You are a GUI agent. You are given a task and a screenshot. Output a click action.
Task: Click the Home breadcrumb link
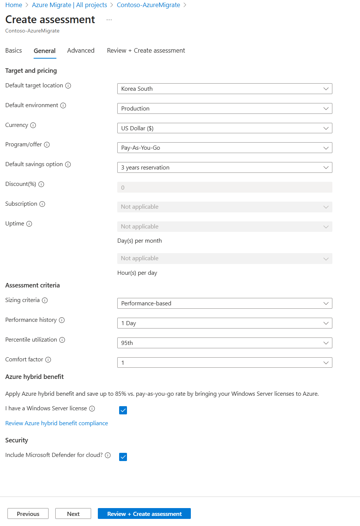(x=13, y=5)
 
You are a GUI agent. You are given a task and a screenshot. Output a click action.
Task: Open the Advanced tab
(x=81, y=51)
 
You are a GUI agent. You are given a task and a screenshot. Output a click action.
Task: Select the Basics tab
(x=13, y=51)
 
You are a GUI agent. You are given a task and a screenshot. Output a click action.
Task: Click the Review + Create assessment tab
(x=146, y=51)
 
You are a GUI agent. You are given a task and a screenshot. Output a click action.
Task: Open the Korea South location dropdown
(x=224, y=89)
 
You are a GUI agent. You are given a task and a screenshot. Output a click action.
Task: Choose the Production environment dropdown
(x=224, y=109)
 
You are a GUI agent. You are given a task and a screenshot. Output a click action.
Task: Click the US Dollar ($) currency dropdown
(x=224, y=128)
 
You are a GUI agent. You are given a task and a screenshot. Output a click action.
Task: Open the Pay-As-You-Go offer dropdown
(x=224, y=148)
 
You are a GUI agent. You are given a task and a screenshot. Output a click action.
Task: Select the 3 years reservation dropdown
(x=224, y=168)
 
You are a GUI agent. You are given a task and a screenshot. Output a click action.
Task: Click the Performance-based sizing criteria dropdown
(x=224, y=304)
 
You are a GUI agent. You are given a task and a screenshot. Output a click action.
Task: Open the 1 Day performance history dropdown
(x=224, y=323)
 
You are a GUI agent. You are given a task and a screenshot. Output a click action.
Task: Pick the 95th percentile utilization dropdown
(x=224, y=343)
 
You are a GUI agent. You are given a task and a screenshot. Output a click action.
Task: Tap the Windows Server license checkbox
(x=123, y=410)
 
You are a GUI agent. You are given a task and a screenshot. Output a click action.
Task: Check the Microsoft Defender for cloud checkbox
(x=123, y=457)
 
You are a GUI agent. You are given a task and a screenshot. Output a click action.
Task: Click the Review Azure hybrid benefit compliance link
(x=56, y=423)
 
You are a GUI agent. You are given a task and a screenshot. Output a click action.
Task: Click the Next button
(x=73, y=514)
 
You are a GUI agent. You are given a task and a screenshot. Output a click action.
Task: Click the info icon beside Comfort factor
(x=48, y=360)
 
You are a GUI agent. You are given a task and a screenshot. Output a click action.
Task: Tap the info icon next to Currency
(x=33, y=125)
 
